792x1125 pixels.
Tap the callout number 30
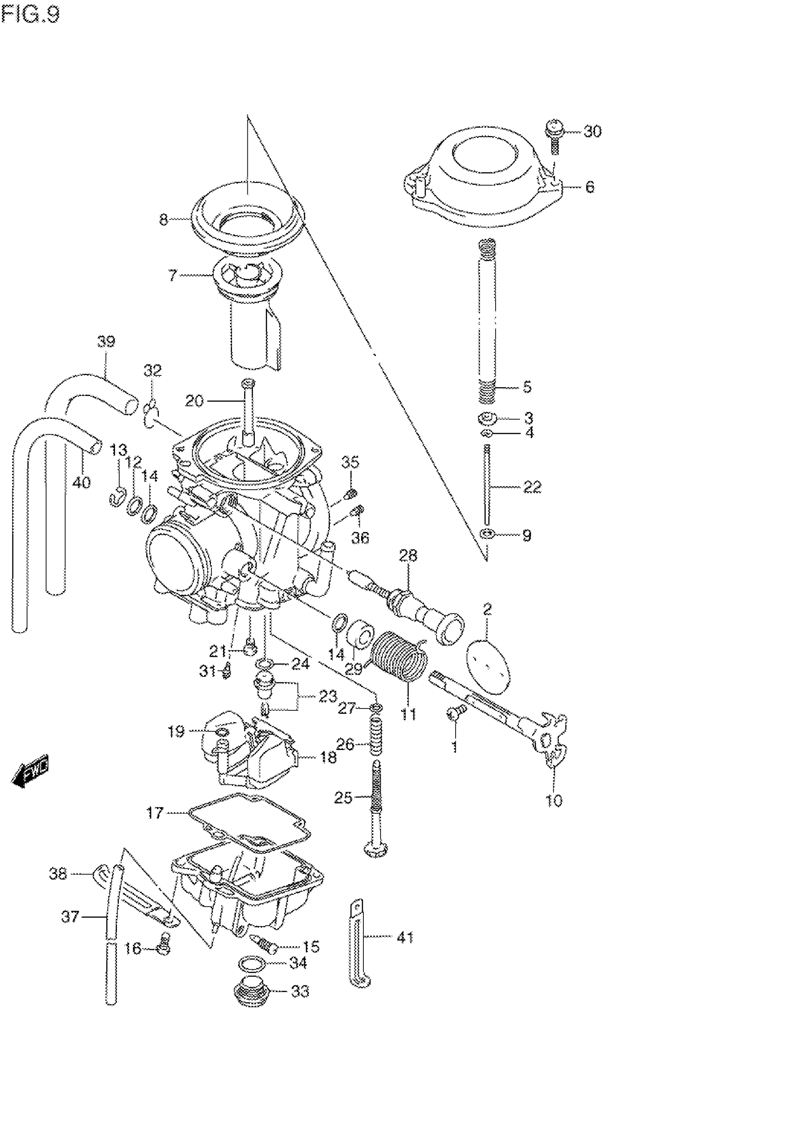(592, 131)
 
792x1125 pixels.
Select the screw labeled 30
(553, 132)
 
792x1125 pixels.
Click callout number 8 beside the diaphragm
(164, 219)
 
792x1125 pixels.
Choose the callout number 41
(405, 938)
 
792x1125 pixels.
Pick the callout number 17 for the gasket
(155, 814)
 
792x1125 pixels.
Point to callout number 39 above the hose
(106, 341)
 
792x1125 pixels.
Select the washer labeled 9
(486, 533)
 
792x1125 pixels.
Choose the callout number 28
(408, 556)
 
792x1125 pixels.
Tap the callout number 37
(70, 916)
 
